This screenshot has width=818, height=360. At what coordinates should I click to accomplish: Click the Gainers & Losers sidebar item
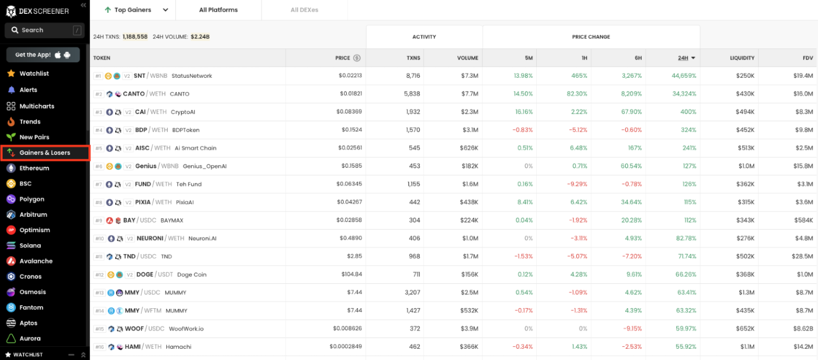(x=45, y=153)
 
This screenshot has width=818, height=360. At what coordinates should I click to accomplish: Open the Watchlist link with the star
(x=34, y=73)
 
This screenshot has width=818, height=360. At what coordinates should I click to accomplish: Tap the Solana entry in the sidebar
(x=30, y=246)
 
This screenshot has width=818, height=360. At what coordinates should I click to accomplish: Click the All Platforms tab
(x=218, y=10)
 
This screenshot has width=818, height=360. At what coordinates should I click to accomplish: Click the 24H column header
(x=683, y=58)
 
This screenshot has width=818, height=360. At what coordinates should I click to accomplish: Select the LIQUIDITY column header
(x=742, y=58)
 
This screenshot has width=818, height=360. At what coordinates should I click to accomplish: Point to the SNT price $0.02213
(x=350, y=76)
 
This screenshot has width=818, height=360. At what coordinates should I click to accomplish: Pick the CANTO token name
(x=134, y=94)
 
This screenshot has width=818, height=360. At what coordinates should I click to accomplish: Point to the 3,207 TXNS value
(x=412, y=293)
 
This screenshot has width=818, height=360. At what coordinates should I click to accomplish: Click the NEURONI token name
(x=150, y=239)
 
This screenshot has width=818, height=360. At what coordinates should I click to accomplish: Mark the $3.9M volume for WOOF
(x=469, y=329)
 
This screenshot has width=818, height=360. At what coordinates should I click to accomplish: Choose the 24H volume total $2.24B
(x=200, y=37)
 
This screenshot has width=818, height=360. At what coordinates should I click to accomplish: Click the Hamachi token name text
(x=178, y=347)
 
